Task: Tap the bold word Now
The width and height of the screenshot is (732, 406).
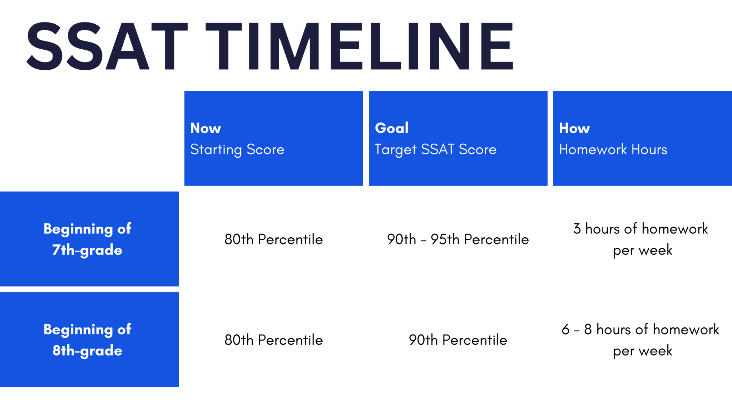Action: pos(206,128)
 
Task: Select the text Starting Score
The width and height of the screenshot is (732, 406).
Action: pos(237,149)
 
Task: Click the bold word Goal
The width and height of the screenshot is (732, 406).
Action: pos(391,128)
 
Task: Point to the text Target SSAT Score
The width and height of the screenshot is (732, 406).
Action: pos(435,149)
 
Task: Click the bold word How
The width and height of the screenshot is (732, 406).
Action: pos(574,128)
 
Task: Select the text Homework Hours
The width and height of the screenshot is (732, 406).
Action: pos(613,149)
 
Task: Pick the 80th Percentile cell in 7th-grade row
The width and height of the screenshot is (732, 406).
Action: pos(273,239)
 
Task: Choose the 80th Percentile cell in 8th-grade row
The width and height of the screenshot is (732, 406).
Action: pos(273,340)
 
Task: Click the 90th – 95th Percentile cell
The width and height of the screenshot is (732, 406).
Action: pos(458,239)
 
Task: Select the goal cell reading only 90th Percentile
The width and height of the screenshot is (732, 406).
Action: pos(458,340)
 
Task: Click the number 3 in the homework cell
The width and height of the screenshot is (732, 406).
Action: pos(577,229)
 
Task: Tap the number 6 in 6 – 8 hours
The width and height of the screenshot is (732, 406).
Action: pos(565,330)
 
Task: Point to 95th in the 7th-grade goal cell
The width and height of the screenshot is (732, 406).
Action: pos(445,239)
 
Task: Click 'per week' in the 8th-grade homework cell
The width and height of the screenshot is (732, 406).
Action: pos(642,351)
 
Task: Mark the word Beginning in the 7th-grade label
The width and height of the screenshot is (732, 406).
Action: pos(78,229)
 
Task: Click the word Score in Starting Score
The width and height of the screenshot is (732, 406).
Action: pos(265,149)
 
